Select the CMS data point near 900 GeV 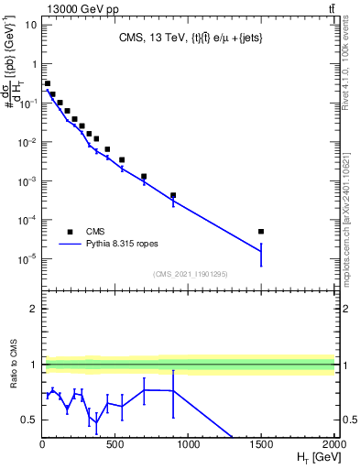(x=173, y=195)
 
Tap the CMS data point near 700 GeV (x=144, y=176)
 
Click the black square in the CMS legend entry (x=69, y=232)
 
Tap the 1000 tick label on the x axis (x=188, y=445)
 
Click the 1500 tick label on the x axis (x=261, y=445)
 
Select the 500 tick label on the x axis (x=115, y=445)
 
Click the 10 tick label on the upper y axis (x=29, y=24)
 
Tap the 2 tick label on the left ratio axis (x=32, y=309)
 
